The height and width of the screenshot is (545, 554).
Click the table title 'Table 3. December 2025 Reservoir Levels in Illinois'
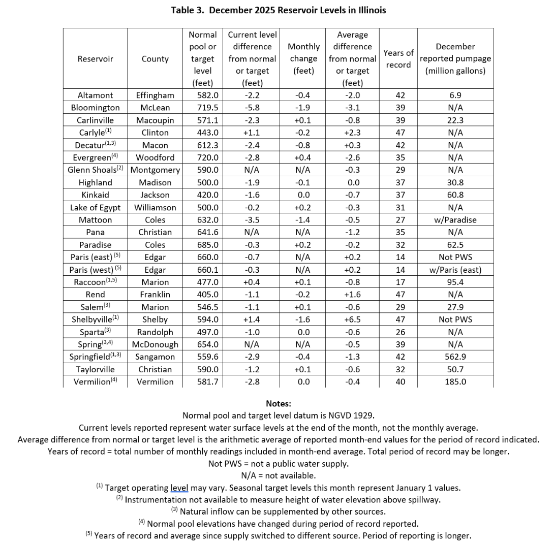tap(278, 10)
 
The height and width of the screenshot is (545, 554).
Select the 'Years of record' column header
tap(398, 58)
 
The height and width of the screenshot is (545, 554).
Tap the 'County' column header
tap(155, 59)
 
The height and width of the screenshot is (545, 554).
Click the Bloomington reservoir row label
tap(96, 108)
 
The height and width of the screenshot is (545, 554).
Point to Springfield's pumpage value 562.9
tap(455, 357)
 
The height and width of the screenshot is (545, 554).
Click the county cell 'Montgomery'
tap(155, 170)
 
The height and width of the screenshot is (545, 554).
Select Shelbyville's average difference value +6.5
tap(352, 319)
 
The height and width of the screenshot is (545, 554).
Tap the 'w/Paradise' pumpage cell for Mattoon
tap(455, 220)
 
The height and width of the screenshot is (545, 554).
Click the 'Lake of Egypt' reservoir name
tap(96, 207)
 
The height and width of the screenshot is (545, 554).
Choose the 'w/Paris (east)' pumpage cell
tap(455, 270)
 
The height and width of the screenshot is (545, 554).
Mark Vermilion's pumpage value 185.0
tap(455, 382)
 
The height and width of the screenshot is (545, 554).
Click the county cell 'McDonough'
tap(155, 344)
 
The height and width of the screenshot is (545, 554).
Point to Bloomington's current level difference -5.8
tap(252, 108)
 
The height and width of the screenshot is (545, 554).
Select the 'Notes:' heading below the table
tap(278, 404)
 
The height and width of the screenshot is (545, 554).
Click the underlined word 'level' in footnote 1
tap(179, 488)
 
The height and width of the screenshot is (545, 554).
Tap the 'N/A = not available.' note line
tap(278, 476)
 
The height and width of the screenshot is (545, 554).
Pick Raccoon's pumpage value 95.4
tap(455, 282)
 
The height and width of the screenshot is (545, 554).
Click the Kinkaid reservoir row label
tap(96, 195)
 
